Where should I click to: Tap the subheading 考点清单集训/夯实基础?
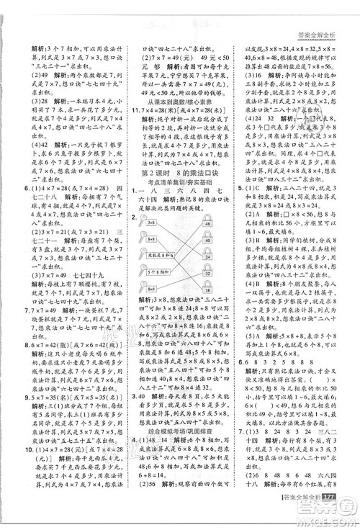(179, 202)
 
